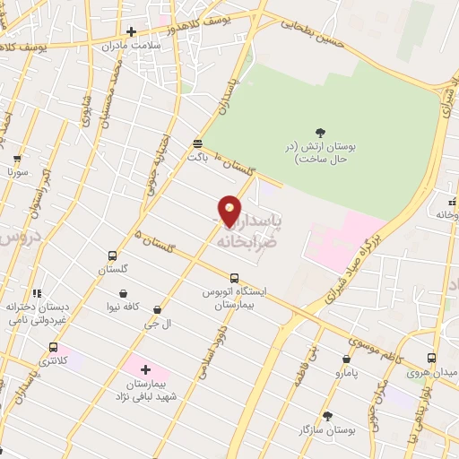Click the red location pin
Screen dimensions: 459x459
tap(230, 210)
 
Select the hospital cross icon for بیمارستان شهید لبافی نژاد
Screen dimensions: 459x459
tap(146, 368)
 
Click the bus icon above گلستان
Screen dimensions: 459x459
tap(112, 255)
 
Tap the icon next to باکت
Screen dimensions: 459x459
tap(197, 143)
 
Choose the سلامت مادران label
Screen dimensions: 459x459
tap(131, 45)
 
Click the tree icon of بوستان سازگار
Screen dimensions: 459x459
tap(327, 416)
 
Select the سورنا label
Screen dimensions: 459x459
tap(18, 170)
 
